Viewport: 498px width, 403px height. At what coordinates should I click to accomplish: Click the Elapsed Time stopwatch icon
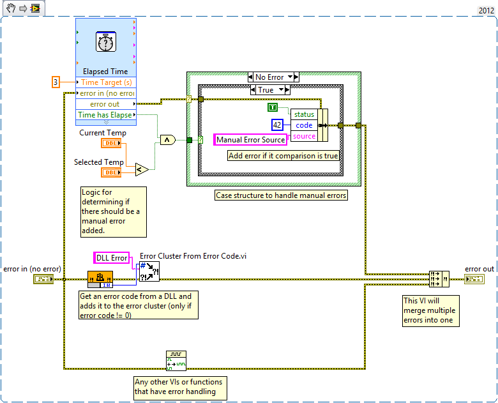coord(105,43)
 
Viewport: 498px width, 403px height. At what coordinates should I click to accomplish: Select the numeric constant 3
coord(56,82)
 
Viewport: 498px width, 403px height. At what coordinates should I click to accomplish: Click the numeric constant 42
coord(277,125)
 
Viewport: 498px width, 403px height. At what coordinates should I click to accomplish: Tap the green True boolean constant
coord(273,107)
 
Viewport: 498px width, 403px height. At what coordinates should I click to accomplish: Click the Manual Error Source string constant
coord(250,140)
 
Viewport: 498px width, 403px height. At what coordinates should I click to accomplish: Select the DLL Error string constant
coord(112,258)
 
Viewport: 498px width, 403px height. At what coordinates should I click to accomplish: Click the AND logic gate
coord(167,140)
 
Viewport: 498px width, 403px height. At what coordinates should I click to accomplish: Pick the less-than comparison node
coord(142,169)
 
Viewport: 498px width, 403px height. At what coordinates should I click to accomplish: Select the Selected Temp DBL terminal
coord(112,173)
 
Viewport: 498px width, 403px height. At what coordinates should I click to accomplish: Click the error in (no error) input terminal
coord(43,279)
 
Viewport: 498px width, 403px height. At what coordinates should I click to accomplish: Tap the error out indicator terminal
coord(474,279)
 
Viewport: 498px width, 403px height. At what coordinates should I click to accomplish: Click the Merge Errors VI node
coord(439,279)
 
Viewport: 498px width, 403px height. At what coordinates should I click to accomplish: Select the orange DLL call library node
coord(100,278)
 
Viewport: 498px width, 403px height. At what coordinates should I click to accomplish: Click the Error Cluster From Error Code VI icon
coord(149,271)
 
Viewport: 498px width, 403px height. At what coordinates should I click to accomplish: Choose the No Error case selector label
coord(269,77)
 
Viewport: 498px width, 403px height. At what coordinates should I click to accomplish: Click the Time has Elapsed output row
coord(105,115)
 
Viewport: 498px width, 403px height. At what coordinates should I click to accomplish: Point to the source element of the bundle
coord(304,136)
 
